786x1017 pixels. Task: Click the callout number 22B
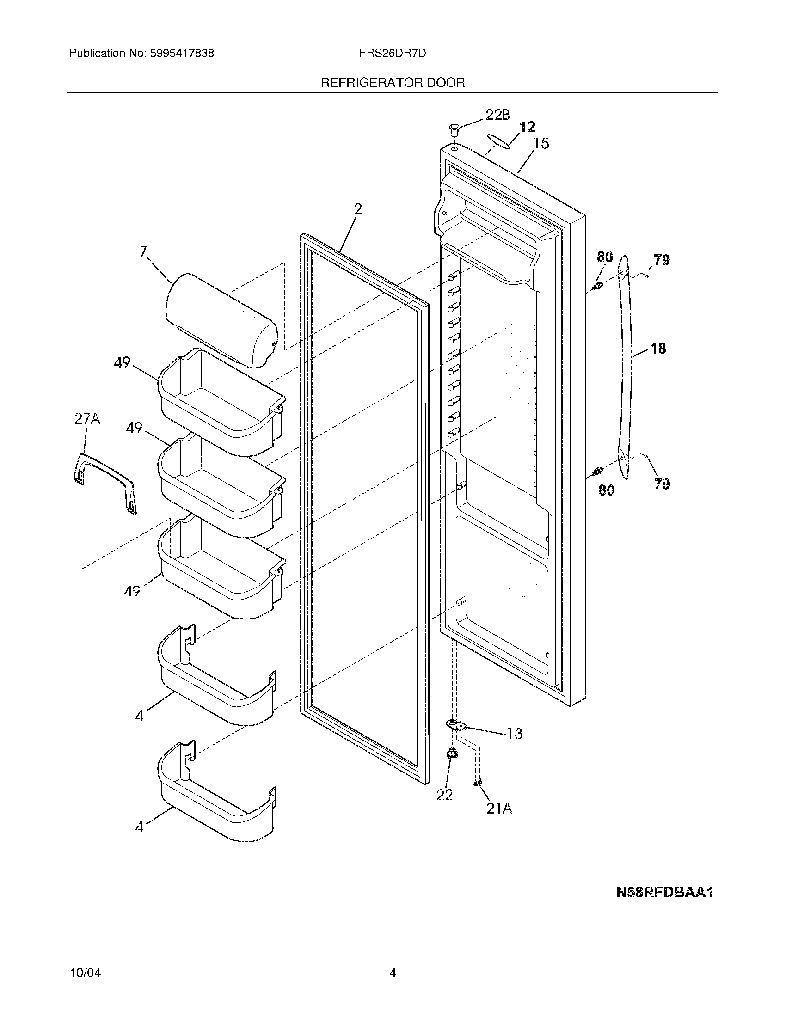[497, 115]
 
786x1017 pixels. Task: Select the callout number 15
[541, 143]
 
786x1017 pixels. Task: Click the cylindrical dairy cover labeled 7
[221, 320]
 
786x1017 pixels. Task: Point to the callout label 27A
[87, 419]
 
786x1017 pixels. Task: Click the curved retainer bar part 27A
[105, 484]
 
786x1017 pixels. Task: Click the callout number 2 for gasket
[357, 209]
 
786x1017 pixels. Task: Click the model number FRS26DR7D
[392, 54]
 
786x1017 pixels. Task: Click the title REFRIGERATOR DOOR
[393, 83]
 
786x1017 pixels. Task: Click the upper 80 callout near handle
[605, 257]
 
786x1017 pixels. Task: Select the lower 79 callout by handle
[661, 484]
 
